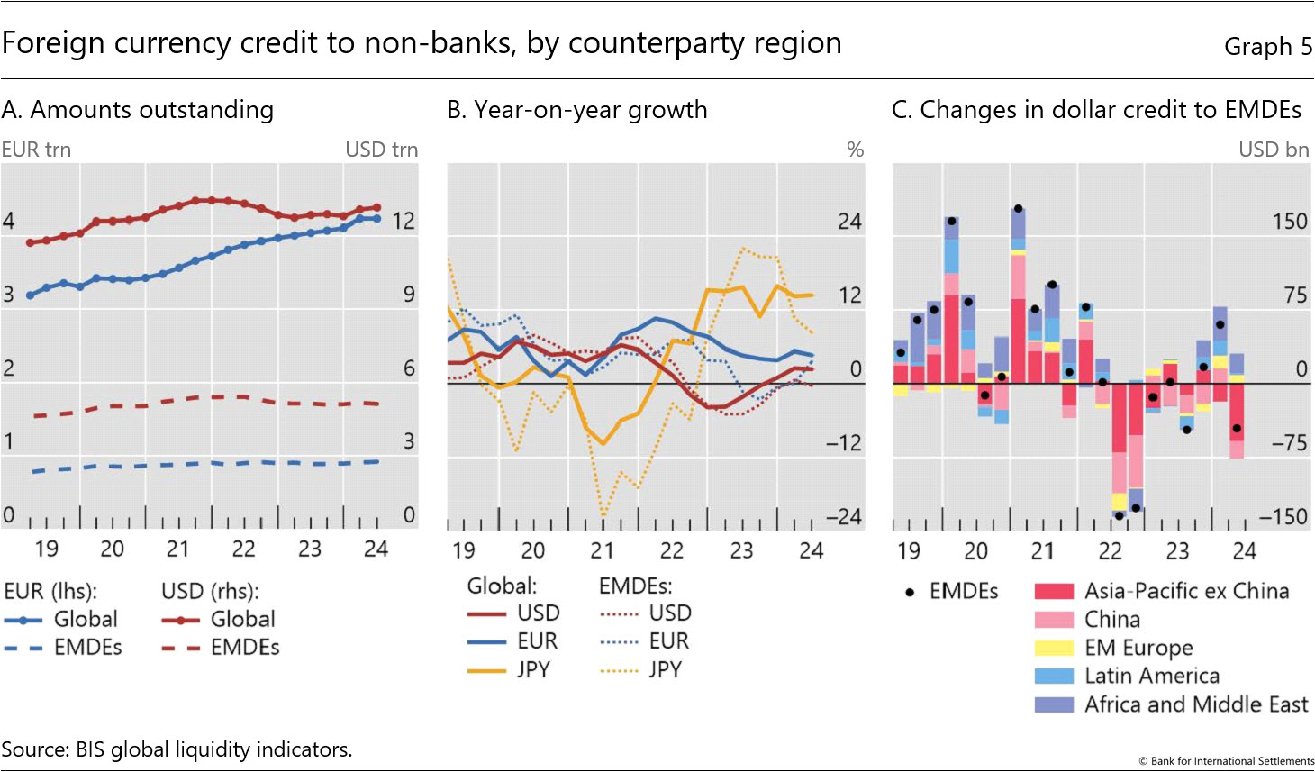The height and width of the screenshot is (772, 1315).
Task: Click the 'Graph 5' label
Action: click(x=1267, y=47)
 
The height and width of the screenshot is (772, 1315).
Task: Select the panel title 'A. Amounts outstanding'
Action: click(x=138, y=110)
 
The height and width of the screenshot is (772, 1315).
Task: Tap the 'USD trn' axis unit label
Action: click(x=381, y=150)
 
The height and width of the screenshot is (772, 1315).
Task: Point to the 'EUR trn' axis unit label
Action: click(x=36, y=150)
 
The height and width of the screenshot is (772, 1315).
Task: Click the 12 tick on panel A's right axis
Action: click(x=403, y=221)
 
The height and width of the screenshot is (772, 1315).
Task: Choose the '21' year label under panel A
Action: click(x=177, y=549)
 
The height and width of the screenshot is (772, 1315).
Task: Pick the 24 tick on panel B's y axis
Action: click(x=849, y=222)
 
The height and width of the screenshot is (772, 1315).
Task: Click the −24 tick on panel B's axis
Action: click(x=844, y=517)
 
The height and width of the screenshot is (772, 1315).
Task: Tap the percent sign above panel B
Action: click(x=856, y=150)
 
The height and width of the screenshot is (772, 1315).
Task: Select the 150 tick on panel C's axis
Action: click(x=1289, y=222)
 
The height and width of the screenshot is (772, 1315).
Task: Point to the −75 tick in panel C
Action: click(x=1289, y=443)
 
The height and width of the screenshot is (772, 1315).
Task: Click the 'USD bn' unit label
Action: click(x=1274, y=150)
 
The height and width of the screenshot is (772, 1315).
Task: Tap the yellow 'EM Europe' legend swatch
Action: click(x=1054, y=648)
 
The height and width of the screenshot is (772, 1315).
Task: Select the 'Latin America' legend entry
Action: click(x=1151, y=676)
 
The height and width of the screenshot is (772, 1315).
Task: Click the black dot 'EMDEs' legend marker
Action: click(x=910, y=592)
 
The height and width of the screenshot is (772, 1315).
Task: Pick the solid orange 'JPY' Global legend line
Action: click(x=486, y=670)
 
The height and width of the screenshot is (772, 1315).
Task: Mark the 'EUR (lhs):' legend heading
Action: click(x=50, y=592)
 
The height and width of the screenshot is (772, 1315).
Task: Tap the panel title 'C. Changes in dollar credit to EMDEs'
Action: click(x=1096, y=110)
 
